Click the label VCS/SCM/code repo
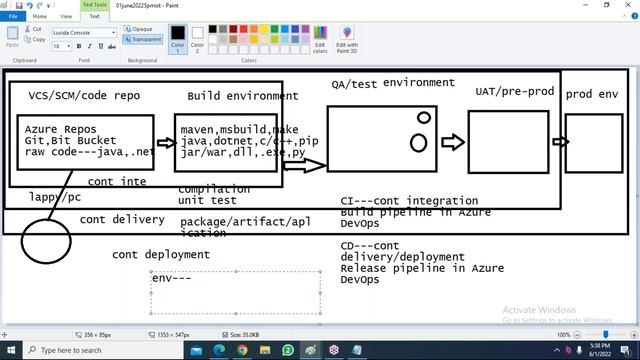[x=84, y=96]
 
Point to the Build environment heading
[x=242, y=96]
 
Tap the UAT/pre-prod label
[x=514, y=91]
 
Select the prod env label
[x=592, y=94]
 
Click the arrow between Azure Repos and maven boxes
[x=166, y=142]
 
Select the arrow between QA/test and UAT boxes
[x=453, y=142]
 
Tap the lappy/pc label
[x=55, y=197]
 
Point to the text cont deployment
[x=160, y=254]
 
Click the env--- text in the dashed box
[x=171, y=277]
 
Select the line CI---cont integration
[x=409, y=201]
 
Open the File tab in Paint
[x=14, y=16]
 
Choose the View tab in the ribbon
[x=66, y=16]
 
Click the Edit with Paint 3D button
[x=347, y=40]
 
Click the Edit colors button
[x=320, y=40]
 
